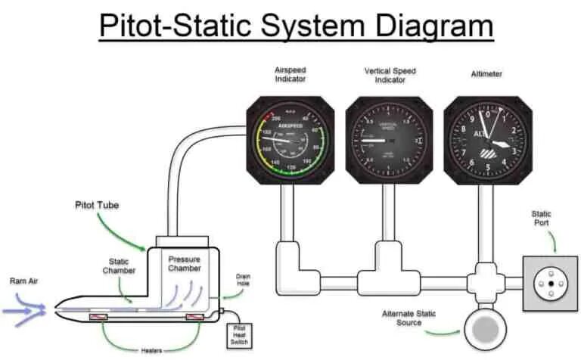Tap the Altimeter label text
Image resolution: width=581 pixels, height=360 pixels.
[x=487, y=74]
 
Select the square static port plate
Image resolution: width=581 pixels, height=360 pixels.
[x=550, y=284]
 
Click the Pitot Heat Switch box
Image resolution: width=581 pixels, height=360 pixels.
[x=240, y=334]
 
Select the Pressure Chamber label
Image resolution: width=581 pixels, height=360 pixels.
[x=184, y=263]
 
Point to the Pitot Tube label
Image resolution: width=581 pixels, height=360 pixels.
[x=96, y=205]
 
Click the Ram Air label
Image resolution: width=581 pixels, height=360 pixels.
[x=23, y=281]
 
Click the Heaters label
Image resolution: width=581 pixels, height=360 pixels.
[x=151, y=350]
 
